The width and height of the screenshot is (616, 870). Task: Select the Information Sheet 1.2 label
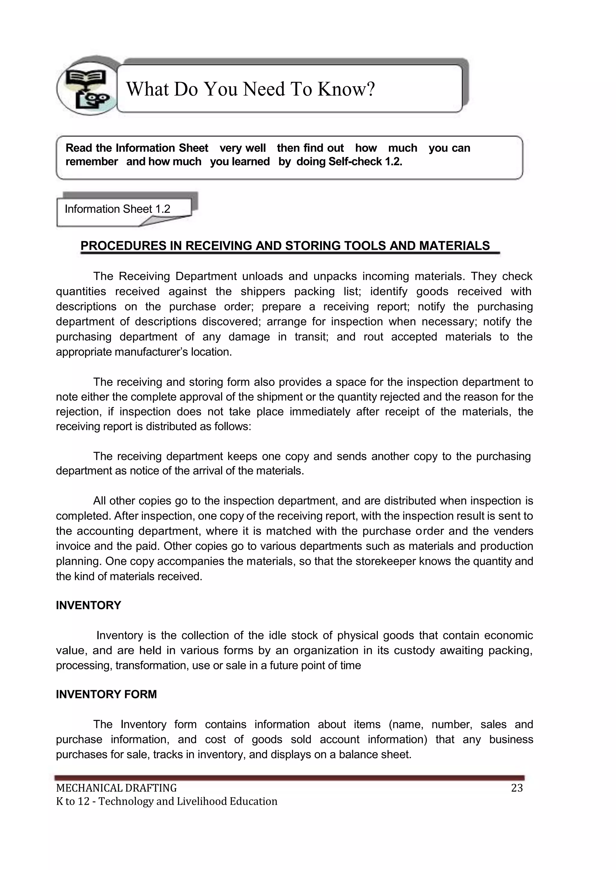click(118, 209)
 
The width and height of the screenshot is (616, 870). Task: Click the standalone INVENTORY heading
click(88, 605)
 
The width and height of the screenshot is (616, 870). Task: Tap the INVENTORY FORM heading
click(106, 694)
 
